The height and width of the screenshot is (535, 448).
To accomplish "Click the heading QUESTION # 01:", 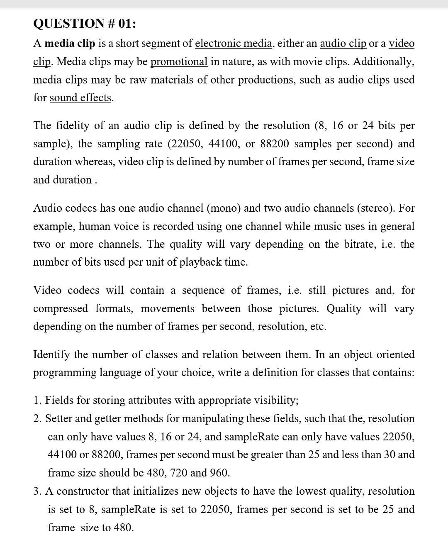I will pos(84,23).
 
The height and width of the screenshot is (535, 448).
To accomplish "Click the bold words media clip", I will pos(70,43).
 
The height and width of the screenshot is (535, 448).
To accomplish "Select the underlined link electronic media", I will pos(234,43).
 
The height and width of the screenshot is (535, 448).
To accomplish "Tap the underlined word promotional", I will pos(179,61).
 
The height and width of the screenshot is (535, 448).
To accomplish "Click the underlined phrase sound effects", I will pos(80,98).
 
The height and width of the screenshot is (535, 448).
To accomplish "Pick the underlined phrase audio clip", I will pos(343,43).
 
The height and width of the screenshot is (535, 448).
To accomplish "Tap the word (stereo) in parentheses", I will pos(376,208).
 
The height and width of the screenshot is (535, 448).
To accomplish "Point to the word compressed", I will pos(61,308).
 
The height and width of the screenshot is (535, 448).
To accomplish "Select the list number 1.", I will pos(37,400).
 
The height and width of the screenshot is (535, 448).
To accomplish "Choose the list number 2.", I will pos(37,418).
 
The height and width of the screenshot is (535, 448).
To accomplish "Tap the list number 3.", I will pos(37,491).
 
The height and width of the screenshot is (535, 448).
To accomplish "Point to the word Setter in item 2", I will pos(56,418).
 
